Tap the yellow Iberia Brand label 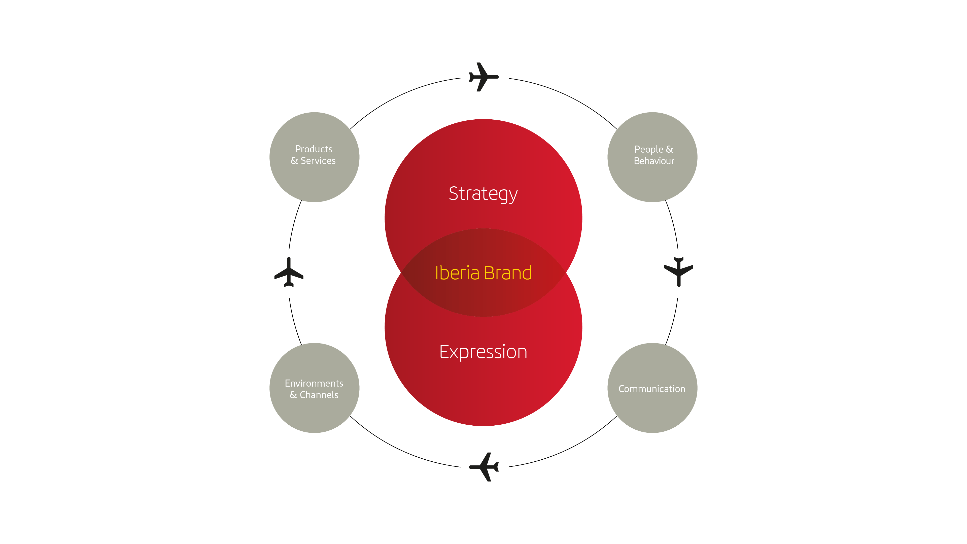(x=483, y=273)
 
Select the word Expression (x=483, y=352)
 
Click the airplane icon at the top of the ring (x=483, y=77)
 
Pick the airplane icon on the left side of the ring (x=289, y=272)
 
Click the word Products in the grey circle (x=314, y=149)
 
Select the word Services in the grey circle (x=318, y=161)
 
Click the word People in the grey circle (x=648, y=149)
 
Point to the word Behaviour (x=654, y=161)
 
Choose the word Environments (x=314, y=383)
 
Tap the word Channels (x=319, y=395)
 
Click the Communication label (x=652, y=389)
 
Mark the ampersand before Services (x=294, y=161)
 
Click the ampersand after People (x=670, y=149)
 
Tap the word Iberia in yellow (x=457, y=273)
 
